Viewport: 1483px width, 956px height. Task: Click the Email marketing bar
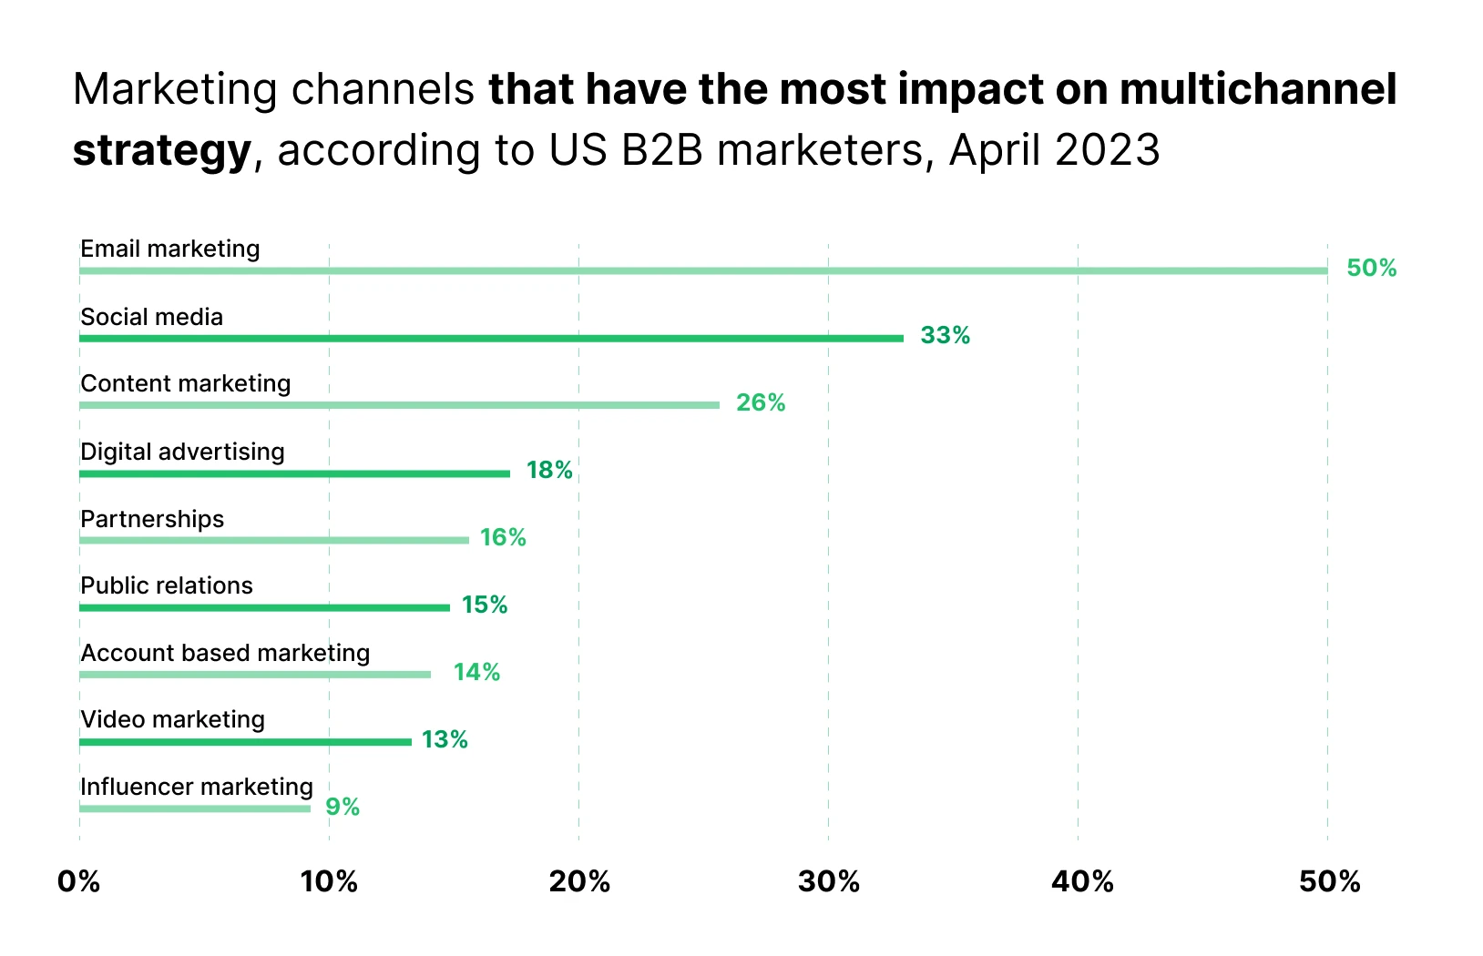pyautogui.click(x=703, y=270)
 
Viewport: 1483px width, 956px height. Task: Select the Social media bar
pyautogui.click(x=491, y=338)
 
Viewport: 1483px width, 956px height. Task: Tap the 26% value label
pyautogui.click(x=761, y=402)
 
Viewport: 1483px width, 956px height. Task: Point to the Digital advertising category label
pyautogui.click(x=182, y=452)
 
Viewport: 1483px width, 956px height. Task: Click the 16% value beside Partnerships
pyautogui.click(x=503, y=537)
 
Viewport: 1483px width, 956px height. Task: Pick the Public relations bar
pyautogui.click(x=264, y=607)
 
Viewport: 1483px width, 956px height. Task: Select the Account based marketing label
pyautogui.click(x=225, y=653)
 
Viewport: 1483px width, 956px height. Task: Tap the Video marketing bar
pyautogui.click(x=245, y=742)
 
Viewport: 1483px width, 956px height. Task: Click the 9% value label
pyautogui.click(x=343, y=807)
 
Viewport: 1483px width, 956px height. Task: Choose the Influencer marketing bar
pyautogui.click(x=194, y=809)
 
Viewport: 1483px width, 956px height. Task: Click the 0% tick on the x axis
pyautogui.click(x=78, y=881)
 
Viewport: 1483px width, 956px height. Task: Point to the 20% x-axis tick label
pyautogui.click(x=579, y=881)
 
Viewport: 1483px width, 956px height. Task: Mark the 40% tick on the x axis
pyautogui.click(x=1082, y=881)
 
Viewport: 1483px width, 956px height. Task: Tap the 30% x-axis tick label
pyautogui.click(x=829, y=881)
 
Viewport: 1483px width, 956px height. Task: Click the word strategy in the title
pyautogui.click(x=161, y=150)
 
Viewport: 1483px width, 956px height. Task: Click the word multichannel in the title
pyautogui.click(x=1258, y=89)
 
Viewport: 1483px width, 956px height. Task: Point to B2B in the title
pyautogui.click(x=662, y=149)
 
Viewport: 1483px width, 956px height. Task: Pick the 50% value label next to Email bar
pyautogui.click(x=1371, y=268)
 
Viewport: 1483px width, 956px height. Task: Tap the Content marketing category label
pyautogui.click(x=186, y=383)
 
